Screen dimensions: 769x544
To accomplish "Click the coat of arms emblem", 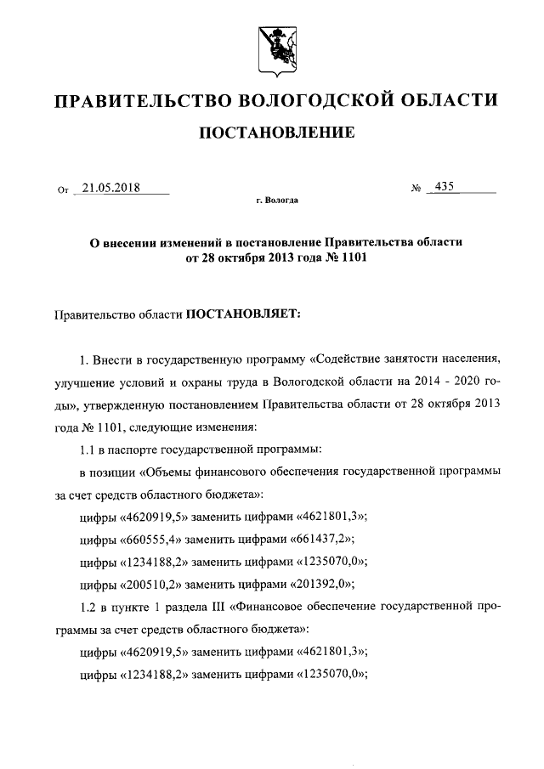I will (x=272, y=48).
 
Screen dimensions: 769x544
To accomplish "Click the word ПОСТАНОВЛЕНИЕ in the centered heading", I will (x=272, y=133).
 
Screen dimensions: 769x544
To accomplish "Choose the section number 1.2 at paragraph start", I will (x=88, y=608).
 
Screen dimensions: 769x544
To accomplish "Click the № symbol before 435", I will (x=416, y=189).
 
